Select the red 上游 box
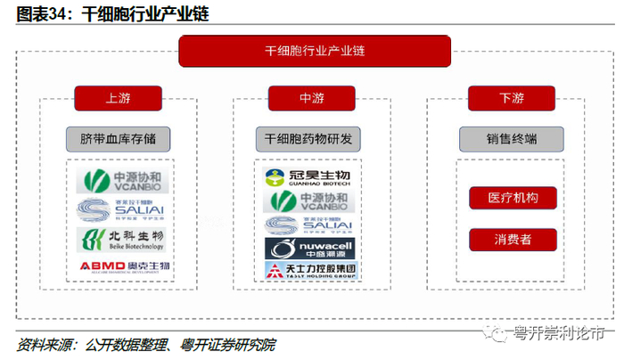point(118,98)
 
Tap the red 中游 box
point(311,98)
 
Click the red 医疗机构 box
point(513,198)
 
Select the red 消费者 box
point(513,239)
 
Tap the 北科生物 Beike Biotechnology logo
point(119,238)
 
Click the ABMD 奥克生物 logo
point(119,266)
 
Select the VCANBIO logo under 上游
point(119,182)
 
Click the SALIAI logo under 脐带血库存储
point(119,209)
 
